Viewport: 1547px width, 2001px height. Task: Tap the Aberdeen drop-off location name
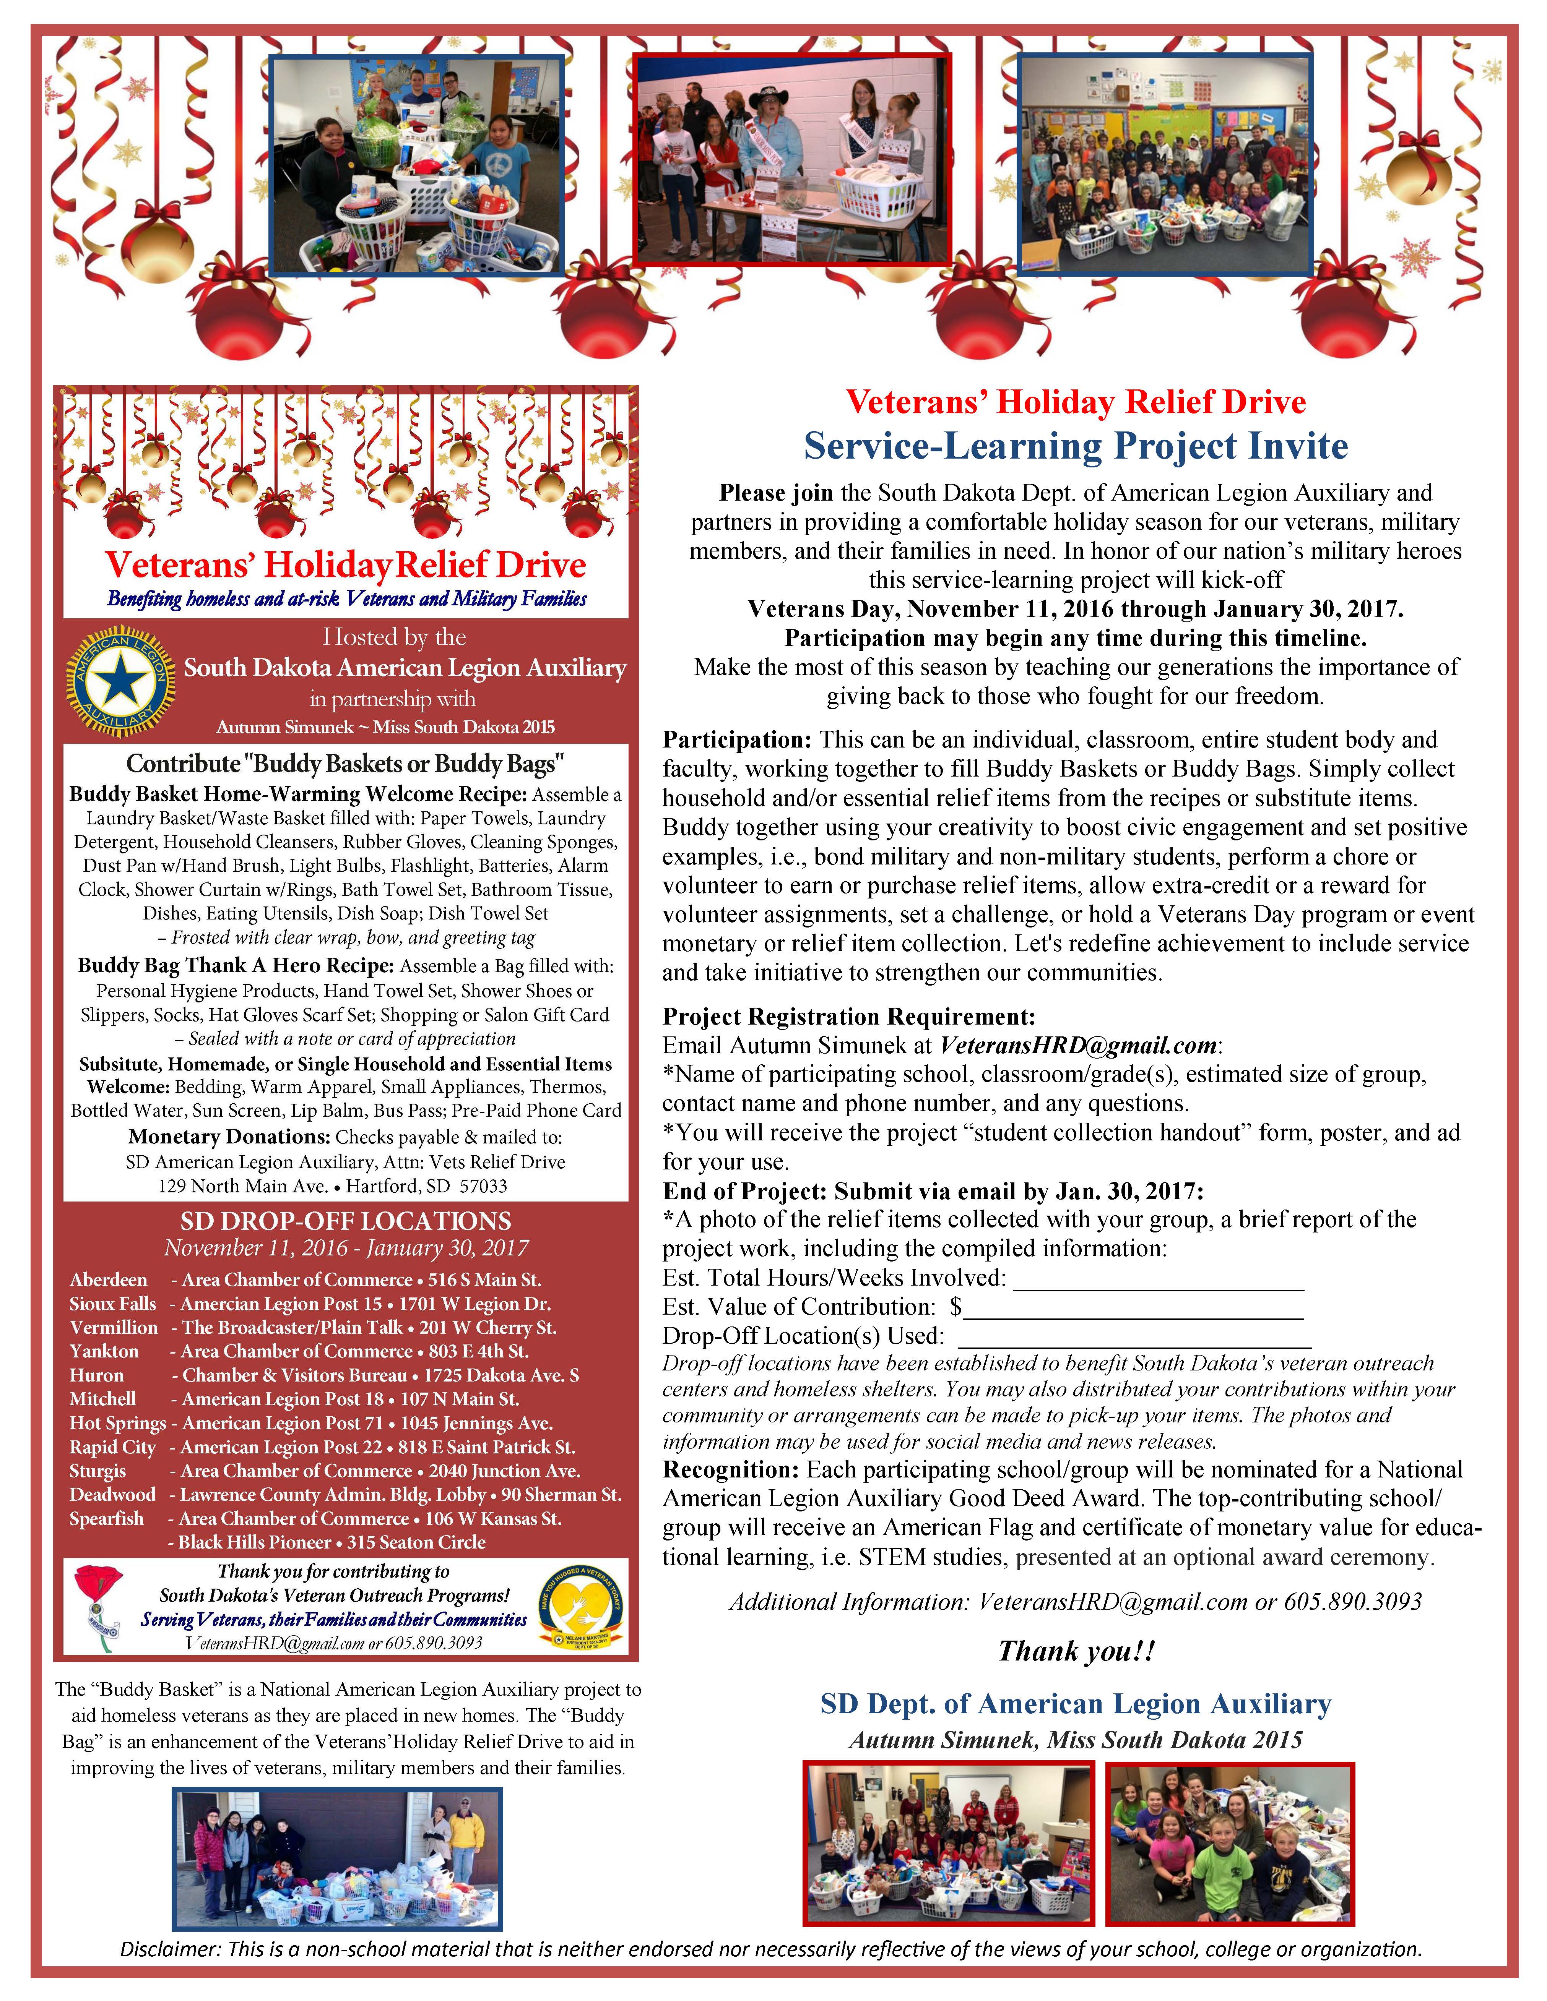pos(108,1280)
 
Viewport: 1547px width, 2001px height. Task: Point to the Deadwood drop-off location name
pos(112,1494)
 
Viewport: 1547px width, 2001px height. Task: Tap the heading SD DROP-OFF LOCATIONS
pos(346,1221)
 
